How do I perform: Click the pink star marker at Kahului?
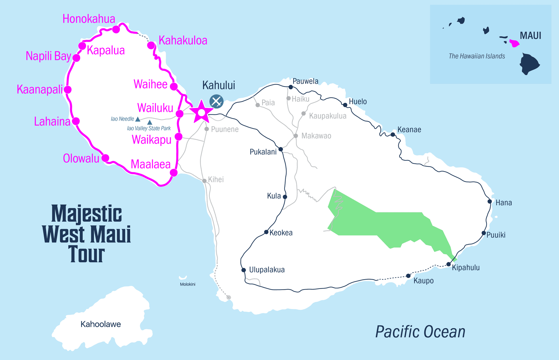coord(201,112)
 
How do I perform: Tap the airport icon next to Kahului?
coord(216,102)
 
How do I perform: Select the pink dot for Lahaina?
coord(76,121)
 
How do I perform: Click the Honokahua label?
coord(89,19)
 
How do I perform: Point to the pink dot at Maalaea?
coord(174,172)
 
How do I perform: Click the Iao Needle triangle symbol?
coord(138,119)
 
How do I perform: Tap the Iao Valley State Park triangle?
coord(150,123)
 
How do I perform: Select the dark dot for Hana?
coord(490,201)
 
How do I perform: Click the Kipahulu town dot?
coord(448,264)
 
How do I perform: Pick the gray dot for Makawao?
coord(296,136)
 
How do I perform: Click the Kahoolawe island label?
coord(101,324)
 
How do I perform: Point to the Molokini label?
coord(188,284)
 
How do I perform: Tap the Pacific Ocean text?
coord(420,332)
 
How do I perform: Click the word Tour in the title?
coord(86,254)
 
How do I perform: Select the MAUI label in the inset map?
coord(530,36)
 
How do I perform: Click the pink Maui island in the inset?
coord(514,43)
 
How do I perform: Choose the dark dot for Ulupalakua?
coord(243,270)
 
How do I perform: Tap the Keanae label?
coord(409,130)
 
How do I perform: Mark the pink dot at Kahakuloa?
coord(151,45)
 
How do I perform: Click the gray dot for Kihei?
coord(204,181)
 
